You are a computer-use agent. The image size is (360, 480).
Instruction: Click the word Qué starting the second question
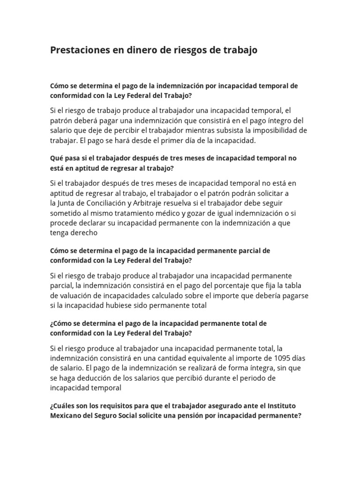56,158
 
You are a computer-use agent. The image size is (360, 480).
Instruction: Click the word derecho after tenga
85,232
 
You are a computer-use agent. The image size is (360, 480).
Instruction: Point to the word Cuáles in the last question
65,405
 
